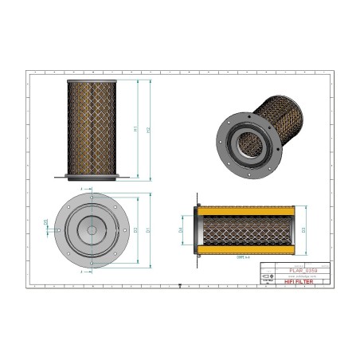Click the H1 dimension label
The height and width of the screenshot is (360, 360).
pyautogui.click(x=135, y=129)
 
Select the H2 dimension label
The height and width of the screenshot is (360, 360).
pyautogui.click(x=148, y=129)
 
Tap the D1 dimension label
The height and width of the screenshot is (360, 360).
pyautogui.click(x=148, y=230)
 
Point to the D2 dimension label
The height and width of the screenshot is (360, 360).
pyautogui.click(x=135, y=230)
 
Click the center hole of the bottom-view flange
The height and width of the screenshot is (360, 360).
pyautogui.click(x=92, y=230)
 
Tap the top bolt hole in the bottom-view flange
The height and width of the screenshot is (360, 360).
pyautogui.click(x=92, y=197)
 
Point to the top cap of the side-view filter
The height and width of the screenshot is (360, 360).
pyautogui.click(x=92, y=80)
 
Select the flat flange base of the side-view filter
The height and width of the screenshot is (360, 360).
pyautogui.click(x=92, y=177)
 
